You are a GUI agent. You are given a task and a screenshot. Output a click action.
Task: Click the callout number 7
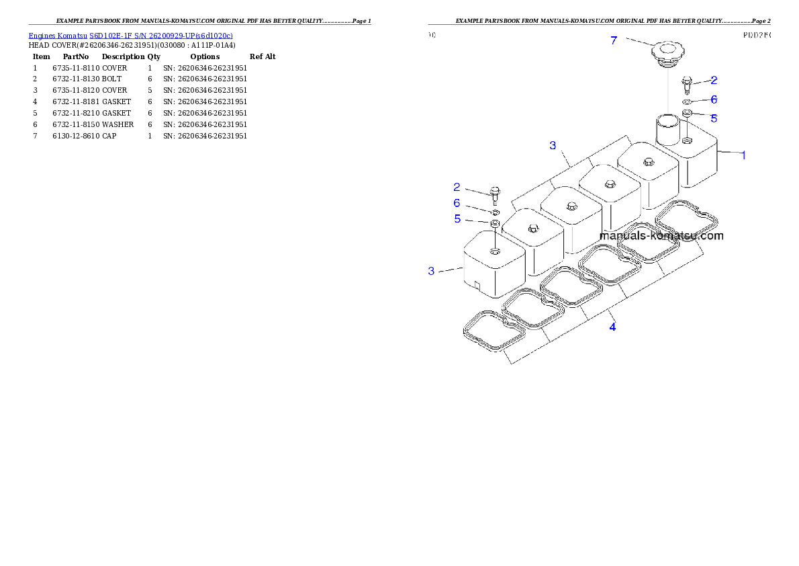(x=614, y=40)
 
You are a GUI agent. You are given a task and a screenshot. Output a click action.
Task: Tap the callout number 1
(x=743, y=155)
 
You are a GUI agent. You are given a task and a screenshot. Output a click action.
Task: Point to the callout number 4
(x=612, y=327)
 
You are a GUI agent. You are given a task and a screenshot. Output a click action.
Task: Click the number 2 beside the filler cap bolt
(x=714, y=80)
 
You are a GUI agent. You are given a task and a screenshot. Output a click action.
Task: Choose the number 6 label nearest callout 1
(x=714, y=99)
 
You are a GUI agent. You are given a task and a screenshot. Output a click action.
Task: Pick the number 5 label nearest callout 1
(x=714, y=118)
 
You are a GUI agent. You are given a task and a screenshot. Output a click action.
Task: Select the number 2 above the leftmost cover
(x=457, y=187)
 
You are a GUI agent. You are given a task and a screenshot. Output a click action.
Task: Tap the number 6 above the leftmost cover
(x=457, y=203)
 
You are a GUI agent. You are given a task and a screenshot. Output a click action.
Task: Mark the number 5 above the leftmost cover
(x=457, y=218)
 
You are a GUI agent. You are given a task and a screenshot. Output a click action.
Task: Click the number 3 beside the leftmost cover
(x=432, y=271)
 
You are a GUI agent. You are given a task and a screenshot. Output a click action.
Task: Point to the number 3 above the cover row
(x=553, y=145)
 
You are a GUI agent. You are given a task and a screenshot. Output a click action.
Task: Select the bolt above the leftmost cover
(x=495, y=193)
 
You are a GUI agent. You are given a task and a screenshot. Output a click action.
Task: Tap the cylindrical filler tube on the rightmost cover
(x=669, y=129)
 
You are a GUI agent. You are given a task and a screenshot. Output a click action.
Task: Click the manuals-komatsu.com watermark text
(x=661, y=236)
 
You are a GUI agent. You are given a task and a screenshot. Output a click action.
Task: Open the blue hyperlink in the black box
(x=131, y=35)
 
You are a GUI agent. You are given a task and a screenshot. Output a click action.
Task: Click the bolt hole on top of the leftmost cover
(x=495, y=251)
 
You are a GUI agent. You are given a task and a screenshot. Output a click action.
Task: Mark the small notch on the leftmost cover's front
(x=477, y=285)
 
